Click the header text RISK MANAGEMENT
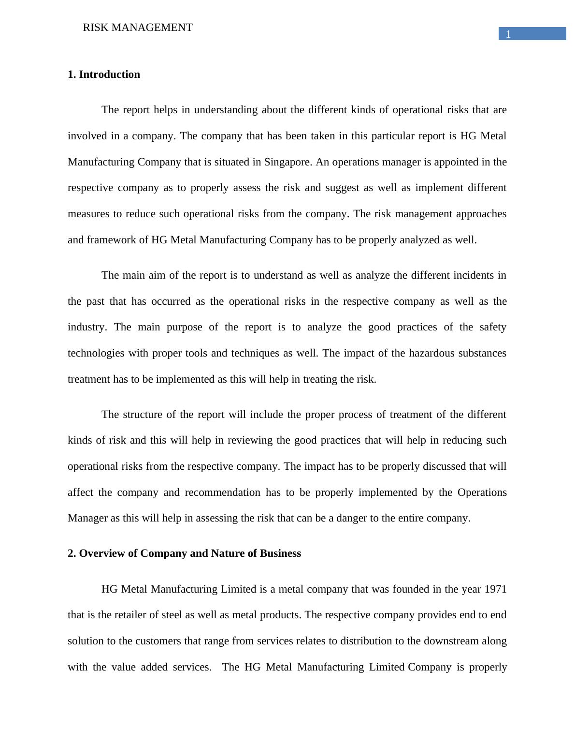coord(138,28)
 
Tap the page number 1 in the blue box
coord(508,34)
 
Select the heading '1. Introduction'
coord(104,74)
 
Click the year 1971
coord(495,589)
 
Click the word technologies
coord(96,353)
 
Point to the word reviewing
coord(251,440)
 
